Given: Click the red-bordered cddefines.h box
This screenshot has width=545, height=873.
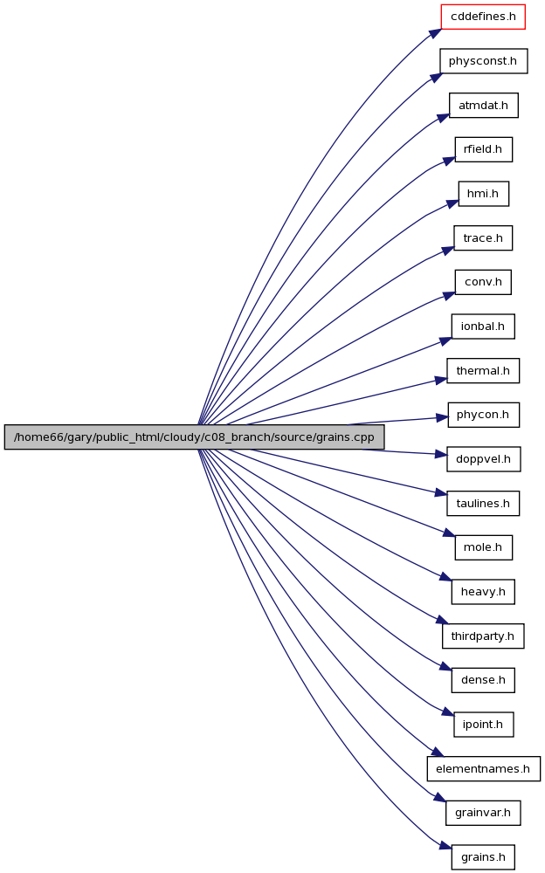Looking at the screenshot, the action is tap(483, 17).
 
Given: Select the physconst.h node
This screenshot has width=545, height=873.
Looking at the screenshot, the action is tap(483, 61).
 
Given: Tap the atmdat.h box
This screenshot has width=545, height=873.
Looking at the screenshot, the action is tap(483, 106).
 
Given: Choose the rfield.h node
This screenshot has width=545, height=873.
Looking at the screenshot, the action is tap(483, 149).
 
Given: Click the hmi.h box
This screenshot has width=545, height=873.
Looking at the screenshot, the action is tap(483, 194).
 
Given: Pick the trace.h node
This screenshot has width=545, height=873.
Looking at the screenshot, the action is tap(483, 237).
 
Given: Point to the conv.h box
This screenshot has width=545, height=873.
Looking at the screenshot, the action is tap(483, 282).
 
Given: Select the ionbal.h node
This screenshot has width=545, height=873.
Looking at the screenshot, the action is tap(483, 327).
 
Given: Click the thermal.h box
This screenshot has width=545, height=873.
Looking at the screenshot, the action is tap(483, 371).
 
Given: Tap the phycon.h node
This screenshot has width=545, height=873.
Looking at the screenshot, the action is tap(483, 415).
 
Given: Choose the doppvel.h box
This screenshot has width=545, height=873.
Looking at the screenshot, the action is tap(483, 459).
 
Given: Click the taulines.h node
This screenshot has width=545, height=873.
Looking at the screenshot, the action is tap(483, 504).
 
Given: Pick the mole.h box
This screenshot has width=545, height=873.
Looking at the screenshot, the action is tap(483, 547).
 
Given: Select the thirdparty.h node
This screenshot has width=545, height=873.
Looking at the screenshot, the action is tap(483, 636).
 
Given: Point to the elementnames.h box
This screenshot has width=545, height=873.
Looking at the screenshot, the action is tap(483, 768).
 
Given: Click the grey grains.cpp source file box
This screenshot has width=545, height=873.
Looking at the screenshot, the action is tap(194, 437).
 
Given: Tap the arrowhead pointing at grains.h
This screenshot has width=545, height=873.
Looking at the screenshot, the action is tap(445, 845).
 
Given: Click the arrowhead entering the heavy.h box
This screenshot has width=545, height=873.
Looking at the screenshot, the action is tap(445, 577).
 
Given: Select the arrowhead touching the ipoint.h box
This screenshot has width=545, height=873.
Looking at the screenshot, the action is tap(447, 711).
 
